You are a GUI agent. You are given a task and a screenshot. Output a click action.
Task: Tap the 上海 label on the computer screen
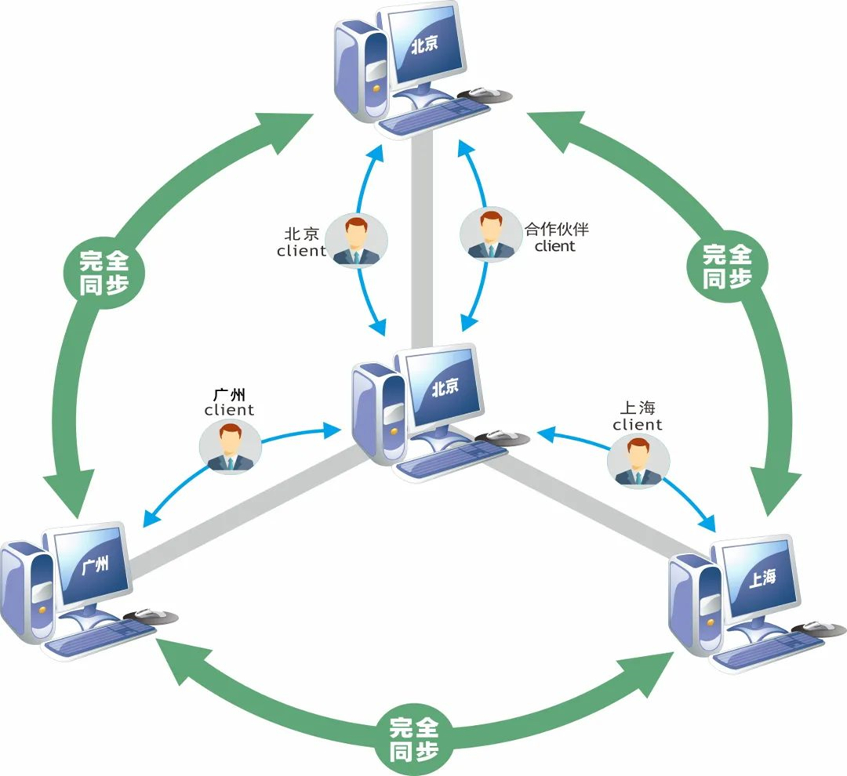[762, 578]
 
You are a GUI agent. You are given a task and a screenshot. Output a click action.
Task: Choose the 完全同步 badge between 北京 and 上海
[726, 266]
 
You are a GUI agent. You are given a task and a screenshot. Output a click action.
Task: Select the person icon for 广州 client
[231, 448]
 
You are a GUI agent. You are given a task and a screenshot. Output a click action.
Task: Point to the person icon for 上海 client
[638, 462]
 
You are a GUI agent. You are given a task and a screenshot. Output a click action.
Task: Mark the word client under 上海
[638, 425]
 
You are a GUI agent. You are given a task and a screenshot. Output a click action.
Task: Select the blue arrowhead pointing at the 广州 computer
[147, 520]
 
